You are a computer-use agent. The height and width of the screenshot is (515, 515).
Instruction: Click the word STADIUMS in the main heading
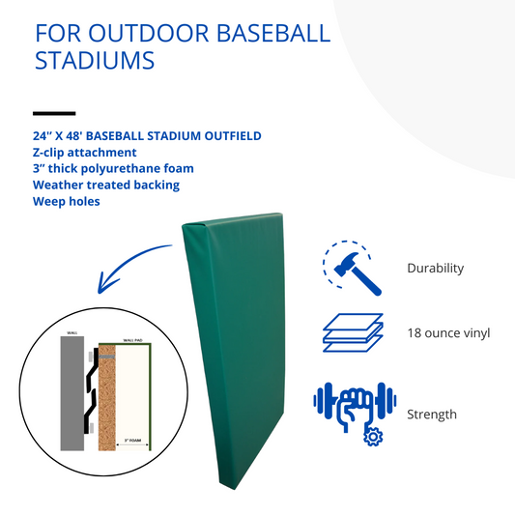pos(95,61)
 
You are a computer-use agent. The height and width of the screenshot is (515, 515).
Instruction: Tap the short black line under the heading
pos(54,113)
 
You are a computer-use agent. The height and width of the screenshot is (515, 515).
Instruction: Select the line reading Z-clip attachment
pos(85,153)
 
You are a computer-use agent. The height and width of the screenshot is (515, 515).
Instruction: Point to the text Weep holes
pos(68,202)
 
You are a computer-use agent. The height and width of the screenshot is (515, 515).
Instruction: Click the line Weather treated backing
pos(106,185)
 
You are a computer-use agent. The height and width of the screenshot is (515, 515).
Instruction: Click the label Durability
pos(435,269)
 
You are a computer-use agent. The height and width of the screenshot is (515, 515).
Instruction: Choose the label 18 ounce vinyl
pos(448,333)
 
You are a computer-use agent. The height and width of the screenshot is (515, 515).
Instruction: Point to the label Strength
pos(431,415)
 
